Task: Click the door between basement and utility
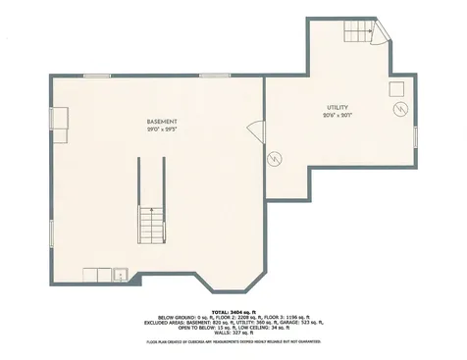pos(259,129)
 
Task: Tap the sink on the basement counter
pos(120,273)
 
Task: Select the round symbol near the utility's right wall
pos(398,108)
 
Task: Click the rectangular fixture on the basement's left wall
pos(59,120)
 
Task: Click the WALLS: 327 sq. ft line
pos(233,333)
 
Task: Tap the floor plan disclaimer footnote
pos(233,341)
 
